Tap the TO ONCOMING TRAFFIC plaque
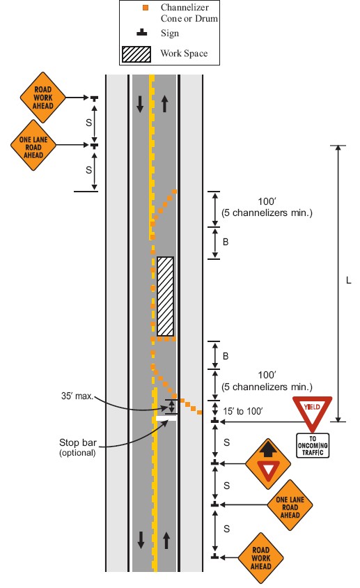313,445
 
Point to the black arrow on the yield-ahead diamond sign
267,449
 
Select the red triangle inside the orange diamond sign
268,470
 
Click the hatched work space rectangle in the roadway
165,296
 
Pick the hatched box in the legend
136,54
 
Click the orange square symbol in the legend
146,8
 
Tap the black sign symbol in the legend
142,33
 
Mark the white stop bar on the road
166,418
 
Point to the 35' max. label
77,396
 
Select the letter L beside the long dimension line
348,281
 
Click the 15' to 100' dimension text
242,411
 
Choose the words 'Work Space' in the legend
184,53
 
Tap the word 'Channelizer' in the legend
185,7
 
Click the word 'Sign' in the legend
170,33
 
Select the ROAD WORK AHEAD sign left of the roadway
42,98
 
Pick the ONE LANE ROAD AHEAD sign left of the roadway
33,146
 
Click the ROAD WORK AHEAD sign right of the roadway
261,558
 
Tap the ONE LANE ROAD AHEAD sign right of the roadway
290,505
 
